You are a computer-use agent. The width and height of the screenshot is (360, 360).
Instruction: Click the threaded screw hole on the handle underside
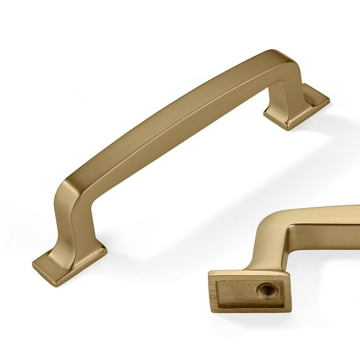(266, 290)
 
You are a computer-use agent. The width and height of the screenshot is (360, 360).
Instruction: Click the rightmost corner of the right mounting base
(329, 101)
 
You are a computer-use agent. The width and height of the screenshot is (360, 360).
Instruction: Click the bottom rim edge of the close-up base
(251, 309)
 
